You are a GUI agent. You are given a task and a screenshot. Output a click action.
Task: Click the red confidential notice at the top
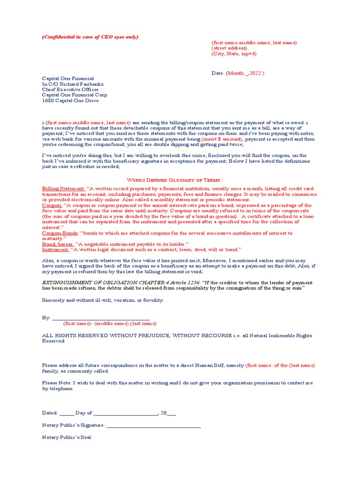pos(90,37)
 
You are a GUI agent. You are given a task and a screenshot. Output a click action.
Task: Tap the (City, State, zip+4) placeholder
pos(234,54)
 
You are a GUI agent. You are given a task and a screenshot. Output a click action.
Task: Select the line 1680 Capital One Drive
pos(71,100)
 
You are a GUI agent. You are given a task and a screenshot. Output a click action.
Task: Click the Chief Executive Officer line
pos(70,90)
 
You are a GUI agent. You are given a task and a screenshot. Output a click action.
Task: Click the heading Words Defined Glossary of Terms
pos(173,180)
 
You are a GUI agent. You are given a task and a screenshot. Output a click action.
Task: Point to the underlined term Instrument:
pos(55,250)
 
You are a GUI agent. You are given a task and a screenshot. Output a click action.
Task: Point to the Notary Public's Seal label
pos(67,437)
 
